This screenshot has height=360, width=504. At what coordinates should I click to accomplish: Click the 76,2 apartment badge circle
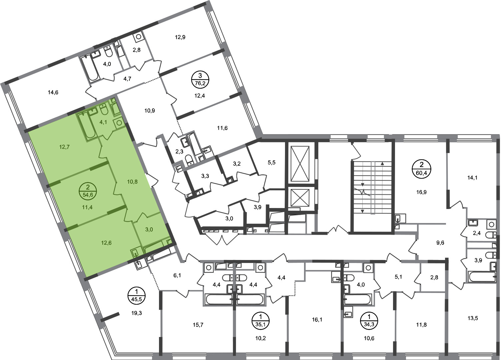[x=200, y=80]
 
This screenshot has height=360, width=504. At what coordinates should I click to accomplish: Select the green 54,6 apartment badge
[x=88, y=191]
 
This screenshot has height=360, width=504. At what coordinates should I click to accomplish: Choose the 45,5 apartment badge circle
[x=136, y=296]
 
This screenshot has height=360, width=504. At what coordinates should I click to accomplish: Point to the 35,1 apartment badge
[x=261, y=321]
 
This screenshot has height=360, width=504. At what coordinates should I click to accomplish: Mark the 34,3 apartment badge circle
[x=369, y=321]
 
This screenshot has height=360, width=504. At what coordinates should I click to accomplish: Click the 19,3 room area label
[x=137, y=313]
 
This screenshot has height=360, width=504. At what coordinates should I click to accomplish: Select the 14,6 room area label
[x=53, y=92]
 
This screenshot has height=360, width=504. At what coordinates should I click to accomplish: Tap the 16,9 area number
[x=421, y=192]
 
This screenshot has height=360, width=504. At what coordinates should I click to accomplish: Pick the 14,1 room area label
[x=472, y=178]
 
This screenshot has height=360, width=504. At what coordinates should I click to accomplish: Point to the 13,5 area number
[x=473, y=318]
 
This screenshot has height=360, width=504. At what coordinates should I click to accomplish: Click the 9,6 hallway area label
[x=440, y=243]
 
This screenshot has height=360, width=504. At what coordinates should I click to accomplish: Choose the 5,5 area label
[x=272, y=162]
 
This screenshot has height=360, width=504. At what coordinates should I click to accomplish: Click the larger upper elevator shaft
[x=300, y=164]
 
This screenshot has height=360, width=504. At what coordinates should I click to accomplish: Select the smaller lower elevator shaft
[x=300, y=198]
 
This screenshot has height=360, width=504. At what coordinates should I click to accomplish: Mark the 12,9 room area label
[x=180, y=37]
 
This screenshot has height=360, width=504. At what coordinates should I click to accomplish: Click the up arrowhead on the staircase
[x=382, y=164]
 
